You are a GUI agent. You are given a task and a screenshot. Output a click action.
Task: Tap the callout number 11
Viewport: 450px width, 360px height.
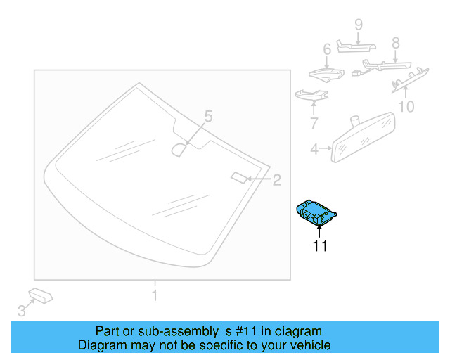tap(320, 246)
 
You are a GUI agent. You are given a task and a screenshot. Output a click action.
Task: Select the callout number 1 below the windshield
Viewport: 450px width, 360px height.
tap(155, 295)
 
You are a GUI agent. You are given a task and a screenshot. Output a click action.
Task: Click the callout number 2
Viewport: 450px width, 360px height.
tap(276, 180)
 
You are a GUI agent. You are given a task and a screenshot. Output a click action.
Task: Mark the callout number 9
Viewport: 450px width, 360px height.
tap(358, 25)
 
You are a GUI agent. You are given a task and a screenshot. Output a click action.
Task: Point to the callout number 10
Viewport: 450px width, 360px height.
tap(406, 107)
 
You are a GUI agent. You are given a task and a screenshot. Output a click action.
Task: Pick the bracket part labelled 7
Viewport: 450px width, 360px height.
tap(308, 94)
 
